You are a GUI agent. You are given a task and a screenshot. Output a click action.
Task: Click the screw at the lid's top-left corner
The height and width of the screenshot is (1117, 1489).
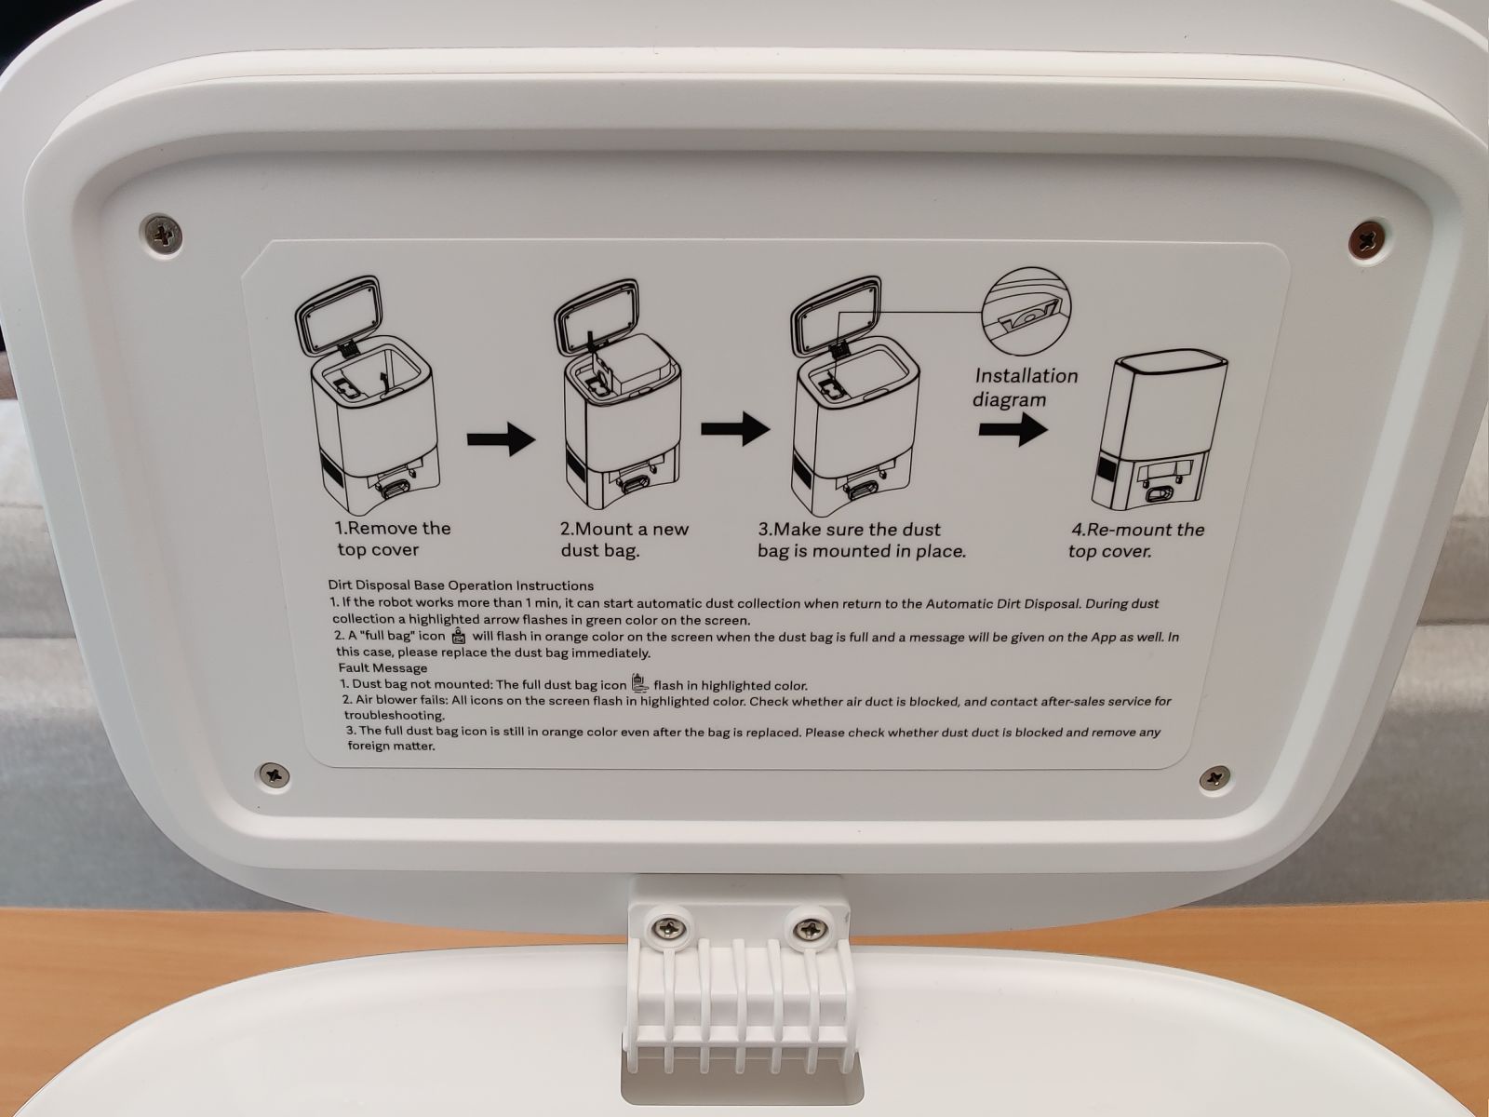click(164, 234)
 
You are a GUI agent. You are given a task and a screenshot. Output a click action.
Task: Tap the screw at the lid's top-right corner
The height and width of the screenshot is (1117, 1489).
click(1369, 238)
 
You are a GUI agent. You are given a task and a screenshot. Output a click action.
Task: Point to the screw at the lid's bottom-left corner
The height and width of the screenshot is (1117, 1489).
click(275, 774)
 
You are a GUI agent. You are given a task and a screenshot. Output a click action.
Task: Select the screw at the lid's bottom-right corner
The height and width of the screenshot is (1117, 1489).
click(1214, 776)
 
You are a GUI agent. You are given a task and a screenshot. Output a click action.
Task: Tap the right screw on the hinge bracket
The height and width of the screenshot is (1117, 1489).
click(809, 927)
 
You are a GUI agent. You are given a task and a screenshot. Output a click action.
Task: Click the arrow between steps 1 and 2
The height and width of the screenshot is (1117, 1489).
click(502, 438)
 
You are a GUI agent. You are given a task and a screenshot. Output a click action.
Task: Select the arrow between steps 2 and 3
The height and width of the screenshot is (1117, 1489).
click(735, 428)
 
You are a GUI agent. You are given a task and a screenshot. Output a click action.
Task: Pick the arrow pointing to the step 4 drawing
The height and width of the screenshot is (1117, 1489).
click(1013, 429)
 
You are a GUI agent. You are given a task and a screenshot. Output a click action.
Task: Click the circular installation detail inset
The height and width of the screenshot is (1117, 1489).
click(1027, 311)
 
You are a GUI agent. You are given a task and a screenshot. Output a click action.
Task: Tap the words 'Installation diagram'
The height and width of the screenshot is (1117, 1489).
click(1025, 387)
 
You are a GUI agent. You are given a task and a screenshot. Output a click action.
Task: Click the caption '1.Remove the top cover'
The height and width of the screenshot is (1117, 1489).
click(393, 539)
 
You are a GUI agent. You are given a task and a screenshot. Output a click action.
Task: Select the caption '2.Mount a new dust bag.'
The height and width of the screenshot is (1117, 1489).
click(624, 539)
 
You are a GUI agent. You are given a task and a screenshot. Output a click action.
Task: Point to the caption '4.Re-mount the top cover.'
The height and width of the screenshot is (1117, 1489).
click(1136, 540)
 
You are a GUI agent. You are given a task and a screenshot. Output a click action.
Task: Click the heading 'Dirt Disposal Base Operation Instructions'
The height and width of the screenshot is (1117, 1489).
click(461, 585)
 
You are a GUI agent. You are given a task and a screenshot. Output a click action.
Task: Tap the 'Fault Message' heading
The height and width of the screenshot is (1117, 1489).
click(382, 668)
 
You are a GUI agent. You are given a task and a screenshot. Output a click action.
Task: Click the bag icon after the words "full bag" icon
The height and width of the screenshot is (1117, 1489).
click(459, 636)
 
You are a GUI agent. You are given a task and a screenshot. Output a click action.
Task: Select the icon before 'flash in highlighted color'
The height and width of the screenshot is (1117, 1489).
click(639, 682)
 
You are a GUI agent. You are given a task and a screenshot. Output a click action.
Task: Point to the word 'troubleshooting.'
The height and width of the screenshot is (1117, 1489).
click(395, 716)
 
